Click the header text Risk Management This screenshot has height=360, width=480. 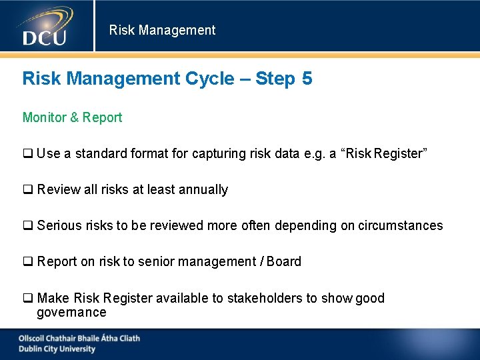(x=162, y=30)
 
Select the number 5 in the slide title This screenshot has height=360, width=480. (x=307, y=79)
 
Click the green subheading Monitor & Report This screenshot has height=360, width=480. (x=72, y=117)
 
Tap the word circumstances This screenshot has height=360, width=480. (x=400, y=225)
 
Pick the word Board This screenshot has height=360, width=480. (x=283, y=261)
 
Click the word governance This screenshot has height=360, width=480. (x=71, y=313)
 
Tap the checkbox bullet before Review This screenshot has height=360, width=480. (x=28, y=190)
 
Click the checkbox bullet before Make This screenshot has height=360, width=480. (x=28, y=299)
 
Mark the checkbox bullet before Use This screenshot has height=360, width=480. (x=28, y=154)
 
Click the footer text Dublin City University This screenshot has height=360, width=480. (x=57, y=349)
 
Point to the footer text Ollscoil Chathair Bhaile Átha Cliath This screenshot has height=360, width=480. (x=79, y=338)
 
